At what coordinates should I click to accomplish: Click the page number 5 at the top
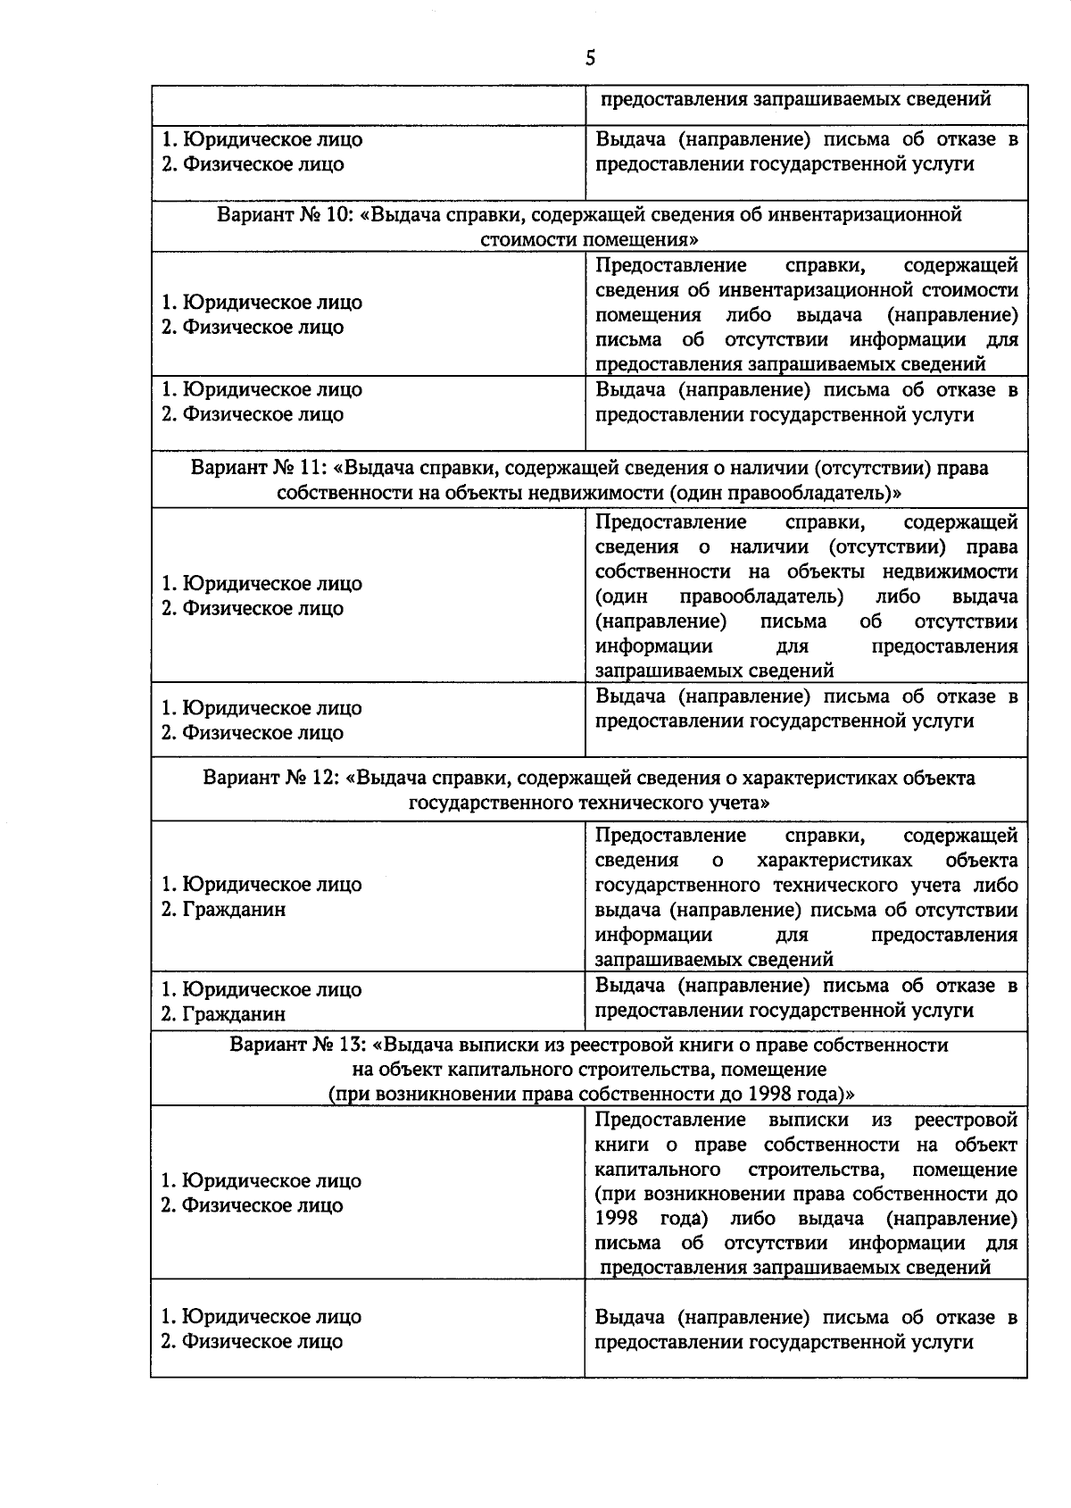[x=589, y=59]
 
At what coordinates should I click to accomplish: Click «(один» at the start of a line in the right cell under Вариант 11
[x=621, y=596]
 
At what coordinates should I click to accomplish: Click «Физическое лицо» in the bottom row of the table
[x=262, y=1342]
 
